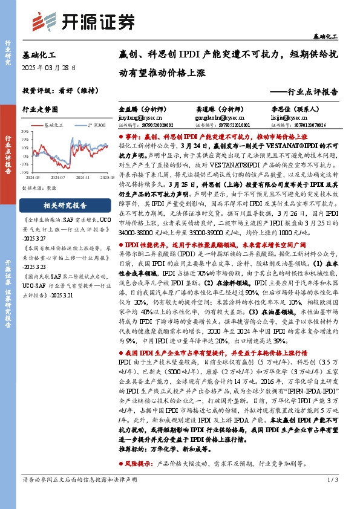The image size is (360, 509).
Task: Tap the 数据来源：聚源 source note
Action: (39, 170)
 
